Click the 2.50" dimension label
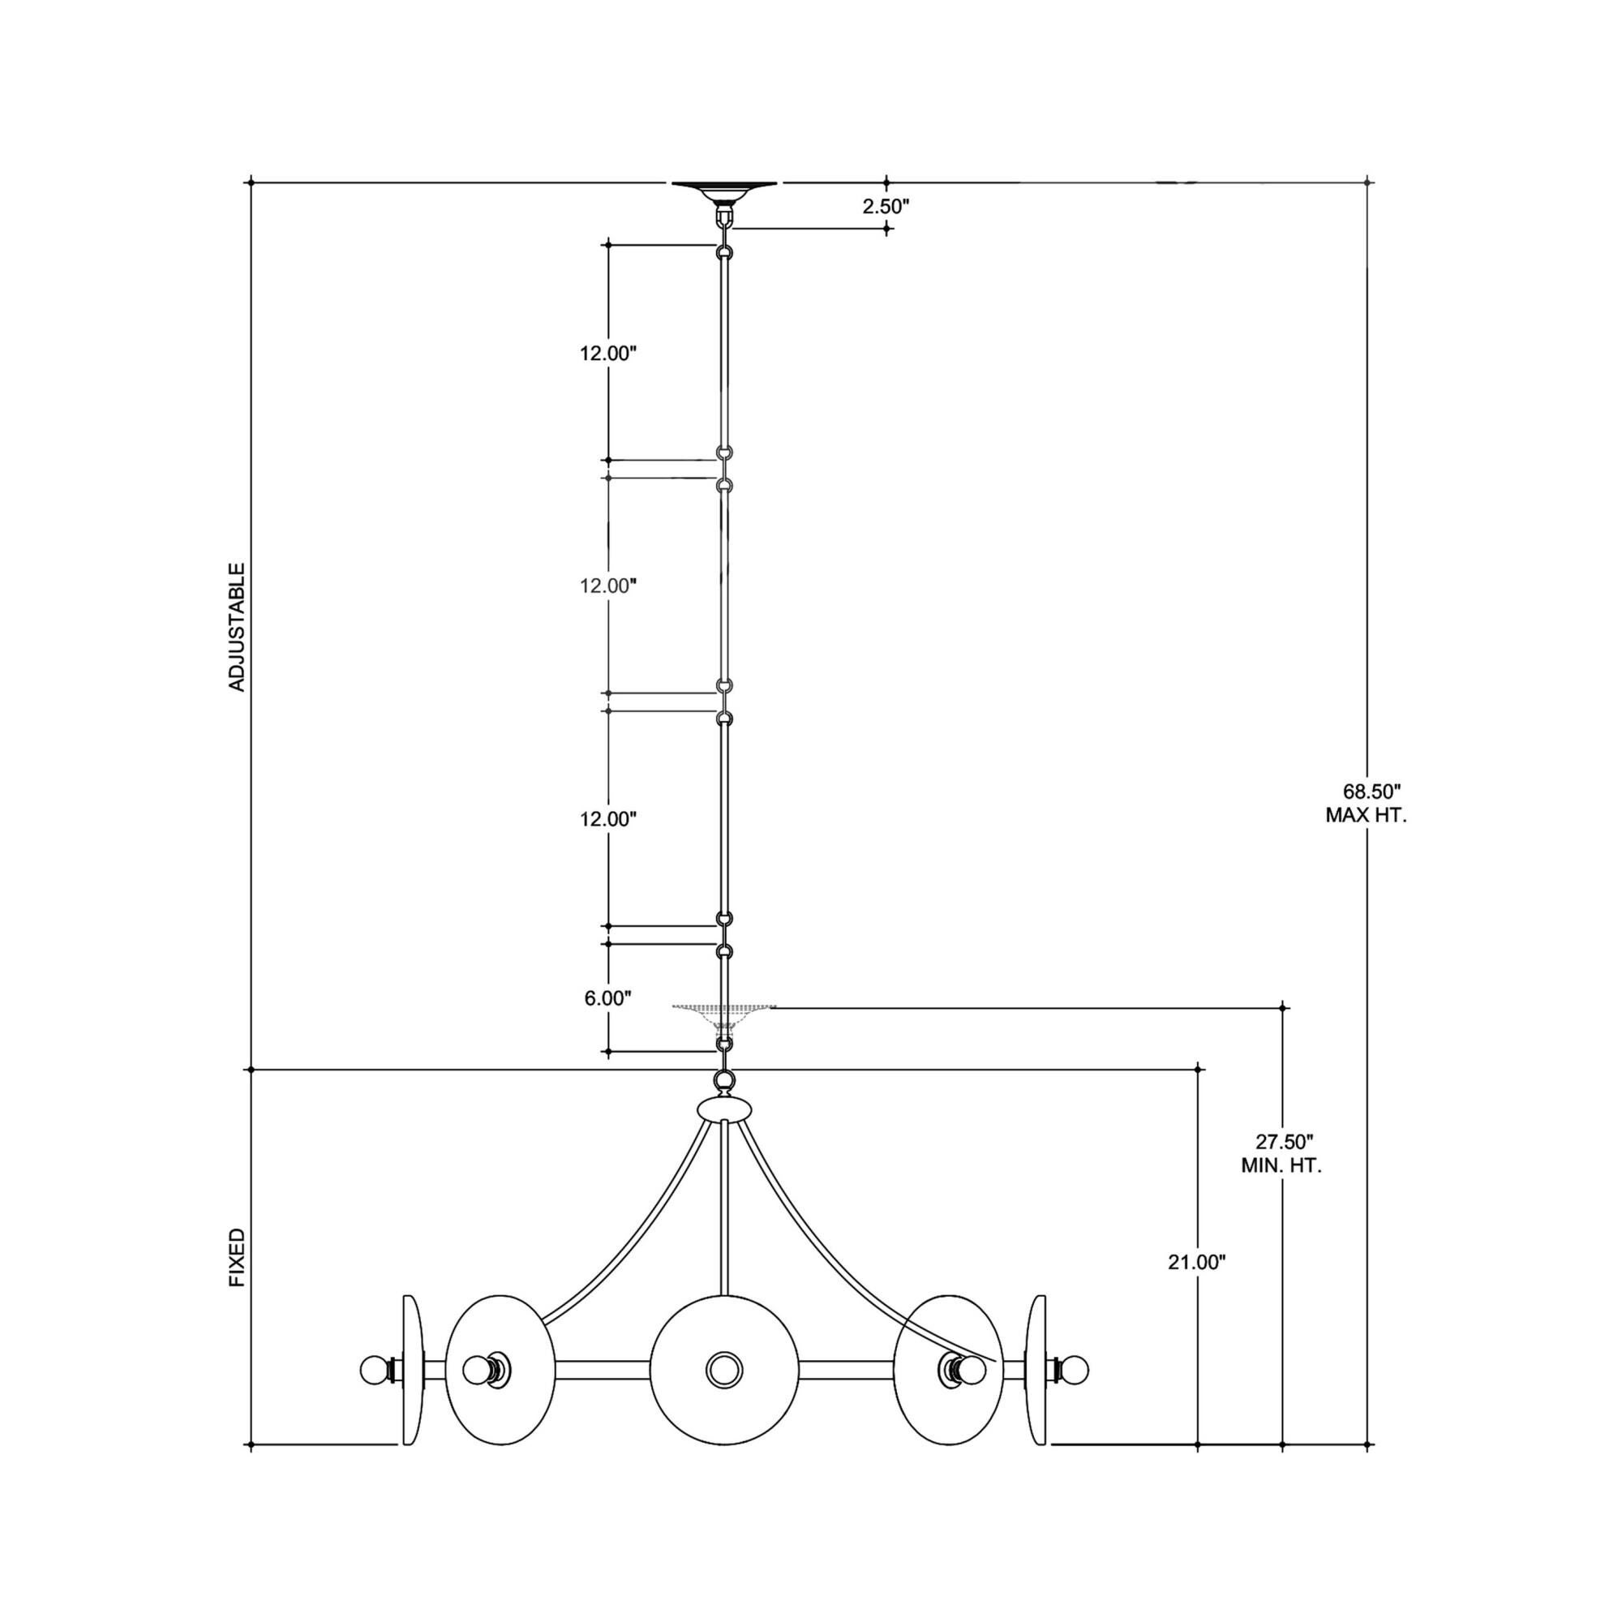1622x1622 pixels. tap(886, 206)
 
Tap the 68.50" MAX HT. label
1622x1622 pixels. tap(1366, 803)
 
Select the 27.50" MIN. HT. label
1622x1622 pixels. tap(1282, 1153)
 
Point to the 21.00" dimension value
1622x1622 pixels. tap(1196, 1285)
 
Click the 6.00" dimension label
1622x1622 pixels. tap(607, 998)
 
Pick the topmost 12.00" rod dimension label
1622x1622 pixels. tap(607, 354)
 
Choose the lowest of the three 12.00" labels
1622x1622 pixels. tap(607, 818)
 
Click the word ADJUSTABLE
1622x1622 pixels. tap(238, 627)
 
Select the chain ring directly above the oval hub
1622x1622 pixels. tap(723, 1079)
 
